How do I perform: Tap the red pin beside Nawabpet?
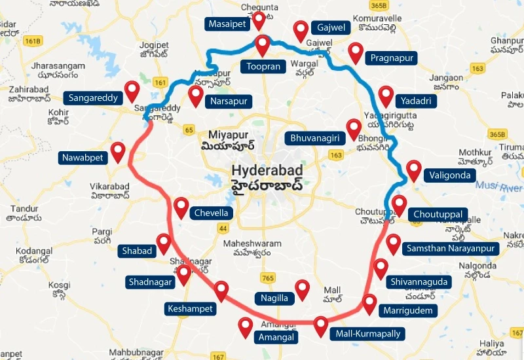(x=118, y=152)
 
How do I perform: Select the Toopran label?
(x=262, y=66)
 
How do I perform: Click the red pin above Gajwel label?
(x=301, y=29)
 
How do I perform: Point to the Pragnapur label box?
(x=392, y=58)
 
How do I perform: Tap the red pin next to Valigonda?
(x=413, y=170)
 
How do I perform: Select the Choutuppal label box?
(x=438, y=214)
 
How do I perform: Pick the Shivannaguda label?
(x=419, y=281)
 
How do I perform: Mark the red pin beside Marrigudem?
(x=370, y=304)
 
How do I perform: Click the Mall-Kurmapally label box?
(x=367, y=333)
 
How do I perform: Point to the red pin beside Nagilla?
(x=302, y=289)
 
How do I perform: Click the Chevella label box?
(x=211, y=213)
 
